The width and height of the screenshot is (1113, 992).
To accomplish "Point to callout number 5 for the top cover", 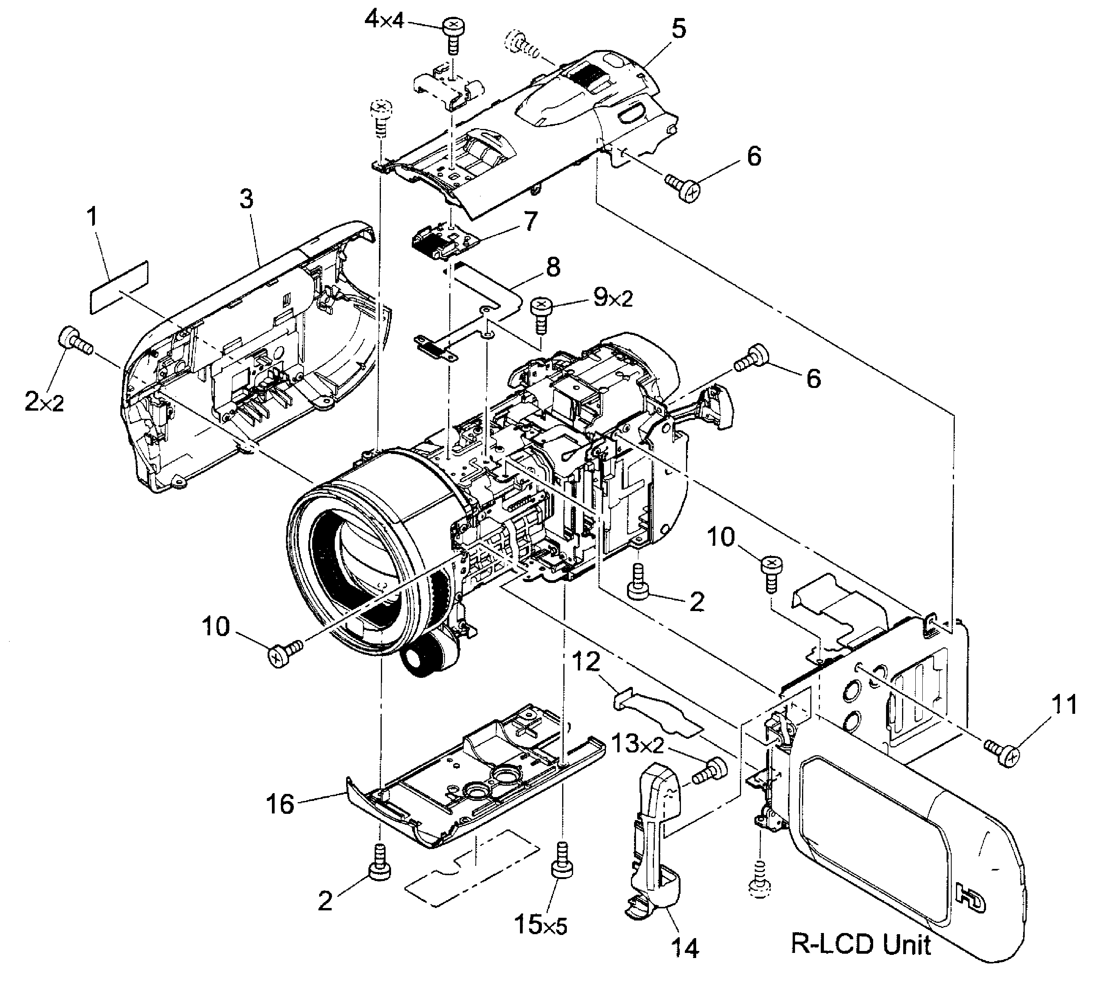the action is [679, 29].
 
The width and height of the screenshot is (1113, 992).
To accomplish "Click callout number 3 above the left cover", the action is [247, 200].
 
